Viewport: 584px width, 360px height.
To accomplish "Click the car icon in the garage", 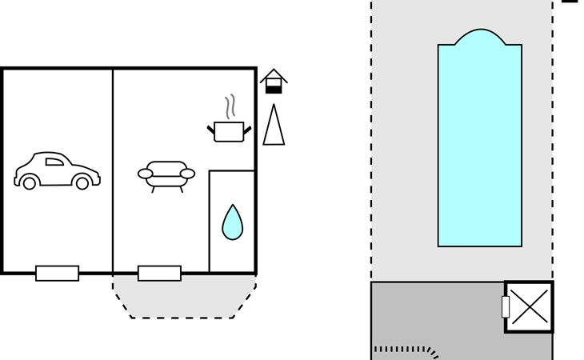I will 57,170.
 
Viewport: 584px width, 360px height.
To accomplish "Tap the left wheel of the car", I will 30,183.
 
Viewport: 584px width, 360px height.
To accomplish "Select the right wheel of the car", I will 82,183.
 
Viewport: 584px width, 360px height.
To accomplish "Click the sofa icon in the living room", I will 166,174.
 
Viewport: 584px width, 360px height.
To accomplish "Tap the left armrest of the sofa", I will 146,173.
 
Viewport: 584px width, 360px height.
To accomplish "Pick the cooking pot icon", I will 229,130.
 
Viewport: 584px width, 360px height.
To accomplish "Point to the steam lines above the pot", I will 230,106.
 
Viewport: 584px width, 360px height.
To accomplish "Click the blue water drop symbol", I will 232,222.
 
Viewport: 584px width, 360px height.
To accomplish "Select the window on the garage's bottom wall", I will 58,274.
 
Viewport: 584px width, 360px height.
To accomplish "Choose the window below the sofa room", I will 159,274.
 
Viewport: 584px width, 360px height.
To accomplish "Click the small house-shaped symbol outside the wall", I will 274,81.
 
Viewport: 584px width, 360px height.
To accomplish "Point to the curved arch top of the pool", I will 479,35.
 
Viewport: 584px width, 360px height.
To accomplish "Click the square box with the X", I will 529,306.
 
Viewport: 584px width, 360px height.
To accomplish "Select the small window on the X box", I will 506,306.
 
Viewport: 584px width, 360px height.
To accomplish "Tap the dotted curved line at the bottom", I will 408,350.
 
